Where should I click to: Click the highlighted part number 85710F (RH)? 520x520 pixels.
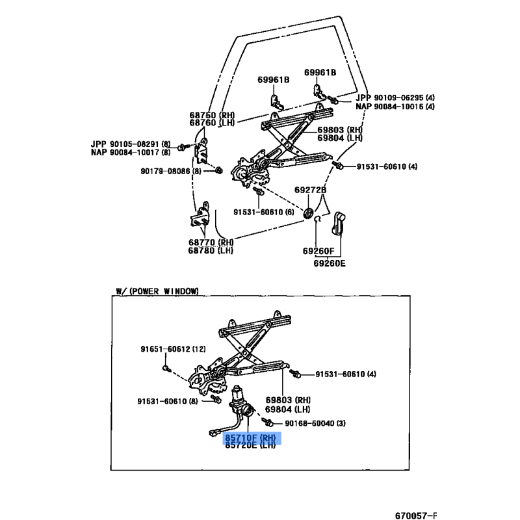point(250,439)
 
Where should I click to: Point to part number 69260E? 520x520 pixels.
point(330,264)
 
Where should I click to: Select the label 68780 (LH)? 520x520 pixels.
point(211,250)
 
